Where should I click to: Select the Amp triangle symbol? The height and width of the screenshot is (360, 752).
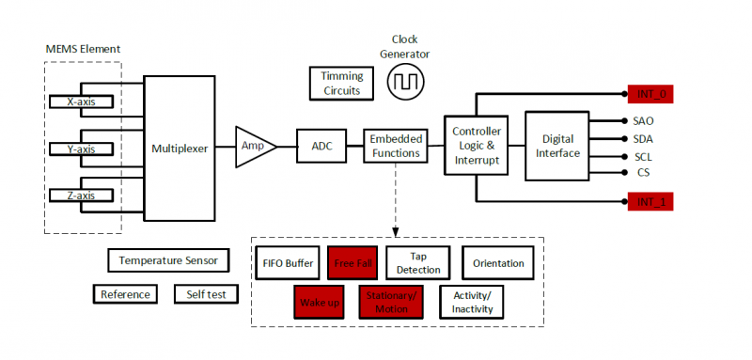(255, 146)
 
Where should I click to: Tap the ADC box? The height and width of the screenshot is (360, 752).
(323, 146)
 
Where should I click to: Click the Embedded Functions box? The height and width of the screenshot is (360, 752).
(395, 146)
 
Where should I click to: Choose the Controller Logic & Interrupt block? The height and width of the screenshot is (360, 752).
(478, 146)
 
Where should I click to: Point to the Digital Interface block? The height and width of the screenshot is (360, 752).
(556, 146)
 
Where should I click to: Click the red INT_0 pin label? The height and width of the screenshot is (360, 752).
(650, 94)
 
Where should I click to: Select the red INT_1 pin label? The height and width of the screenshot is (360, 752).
(650, 202)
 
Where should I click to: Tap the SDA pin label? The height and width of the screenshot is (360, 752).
(643, 139)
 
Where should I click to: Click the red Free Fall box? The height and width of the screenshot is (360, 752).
(353, 263)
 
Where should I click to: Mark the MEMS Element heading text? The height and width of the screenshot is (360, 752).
(83, 49)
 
